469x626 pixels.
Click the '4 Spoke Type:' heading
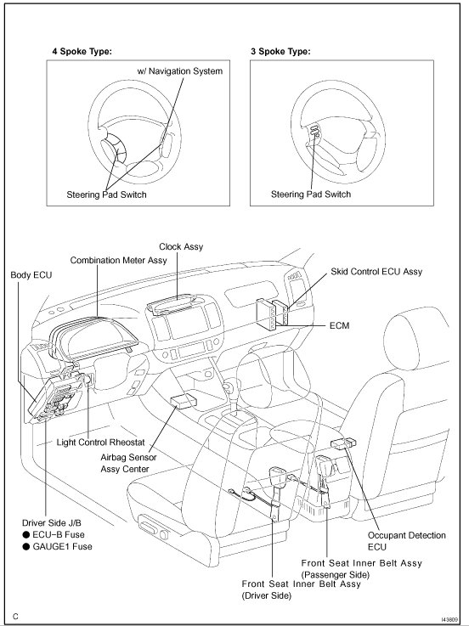(82, 52)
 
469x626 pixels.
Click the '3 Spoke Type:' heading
(280, 52)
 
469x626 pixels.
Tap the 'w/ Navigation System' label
(180, 71)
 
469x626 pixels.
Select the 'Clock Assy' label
(181, 246)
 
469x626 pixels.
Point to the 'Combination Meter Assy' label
(118, 260)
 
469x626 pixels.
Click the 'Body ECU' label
(31, 275)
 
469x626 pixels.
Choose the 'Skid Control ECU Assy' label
(376, 272)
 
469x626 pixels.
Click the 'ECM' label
(340, 326)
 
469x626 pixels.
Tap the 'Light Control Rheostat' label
(100, 443)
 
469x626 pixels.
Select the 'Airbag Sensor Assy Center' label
(128, 463)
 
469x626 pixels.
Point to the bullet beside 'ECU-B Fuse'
(26, 535)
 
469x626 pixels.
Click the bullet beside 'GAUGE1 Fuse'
(26, 546)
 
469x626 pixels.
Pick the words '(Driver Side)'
(267, 595)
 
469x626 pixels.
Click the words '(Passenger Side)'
(336, 575)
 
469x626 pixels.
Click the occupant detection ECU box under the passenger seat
(343, 443)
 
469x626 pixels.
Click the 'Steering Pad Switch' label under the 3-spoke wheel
(311, 195)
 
